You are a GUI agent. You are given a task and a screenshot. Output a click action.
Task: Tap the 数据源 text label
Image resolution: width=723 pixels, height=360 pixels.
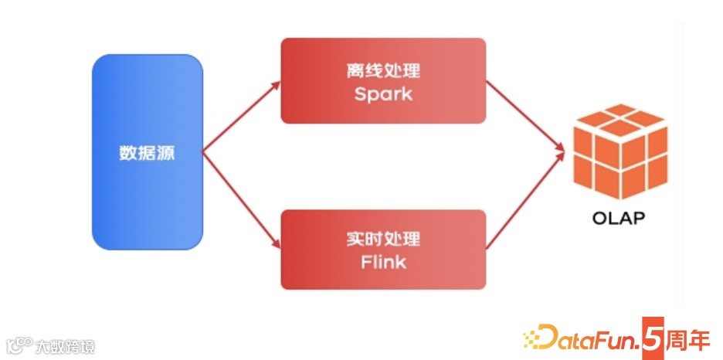[x=148, y=153]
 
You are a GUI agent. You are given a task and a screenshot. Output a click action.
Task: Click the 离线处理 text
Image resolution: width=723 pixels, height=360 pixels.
[x=383, y=71]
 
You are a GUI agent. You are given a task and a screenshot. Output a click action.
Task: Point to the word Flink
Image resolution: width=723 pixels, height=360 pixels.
[x=383, y=262]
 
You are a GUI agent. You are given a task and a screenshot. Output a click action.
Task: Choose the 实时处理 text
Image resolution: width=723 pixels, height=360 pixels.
[x=383, y=238]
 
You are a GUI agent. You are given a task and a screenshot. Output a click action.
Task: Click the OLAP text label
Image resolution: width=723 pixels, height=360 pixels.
[x=618, y=219]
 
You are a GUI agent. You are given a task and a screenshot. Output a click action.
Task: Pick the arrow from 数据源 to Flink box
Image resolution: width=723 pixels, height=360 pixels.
[x=241, y=201]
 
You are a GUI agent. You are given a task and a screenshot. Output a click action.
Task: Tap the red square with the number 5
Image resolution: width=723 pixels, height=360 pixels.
[x=653, y=338]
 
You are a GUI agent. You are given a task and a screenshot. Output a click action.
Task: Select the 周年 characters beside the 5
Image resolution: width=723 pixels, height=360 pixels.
[x=689, y=338]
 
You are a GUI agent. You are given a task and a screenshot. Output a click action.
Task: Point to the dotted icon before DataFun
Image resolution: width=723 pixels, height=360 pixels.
[x=531, y=338]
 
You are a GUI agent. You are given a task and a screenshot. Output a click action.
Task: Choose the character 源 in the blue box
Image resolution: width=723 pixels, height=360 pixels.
[x=166, y=153]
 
